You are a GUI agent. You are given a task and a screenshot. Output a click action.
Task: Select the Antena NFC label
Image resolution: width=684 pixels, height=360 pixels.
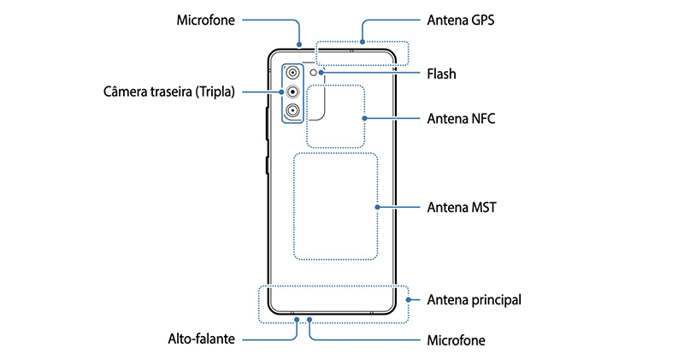[x=462, y=119]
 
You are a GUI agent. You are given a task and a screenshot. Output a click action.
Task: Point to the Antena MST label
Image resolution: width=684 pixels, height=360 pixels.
[x=462, y=207]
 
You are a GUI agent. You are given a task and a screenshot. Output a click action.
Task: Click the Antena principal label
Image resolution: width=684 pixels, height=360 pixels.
[x=474, y=300]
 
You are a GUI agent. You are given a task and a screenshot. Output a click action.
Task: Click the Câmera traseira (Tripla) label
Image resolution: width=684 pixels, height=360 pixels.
[x=173, y=91]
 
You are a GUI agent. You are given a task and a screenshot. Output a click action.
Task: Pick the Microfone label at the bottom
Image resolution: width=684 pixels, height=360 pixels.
[x=456, y=339]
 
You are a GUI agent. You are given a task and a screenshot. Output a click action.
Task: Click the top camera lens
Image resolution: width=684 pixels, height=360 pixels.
[x=292, y=72]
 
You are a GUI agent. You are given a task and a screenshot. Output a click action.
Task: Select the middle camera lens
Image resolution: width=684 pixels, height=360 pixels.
[x=292, y=91]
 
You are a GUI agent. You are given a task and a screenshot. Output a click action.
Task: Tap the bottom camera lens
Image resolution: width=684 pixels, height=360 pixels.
[x=292, y=111]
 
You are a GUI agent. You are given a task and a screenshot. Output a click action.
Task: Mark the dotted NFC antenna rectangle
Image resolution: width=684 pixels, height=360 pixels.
[x=335, y=115]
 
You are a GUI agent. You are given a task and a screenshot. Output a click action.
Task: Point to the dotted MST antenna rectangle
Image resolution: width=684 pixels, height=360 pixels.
[x=335, y=206]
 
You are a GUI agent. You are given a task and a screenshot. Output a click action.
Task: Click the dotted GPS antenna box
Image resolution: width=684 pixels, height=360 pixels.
[x=361, y=53]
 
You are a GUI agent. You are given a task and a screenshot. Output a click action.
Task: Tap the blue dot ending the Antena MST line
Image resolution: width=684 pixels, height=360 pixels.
[x=377, y=207]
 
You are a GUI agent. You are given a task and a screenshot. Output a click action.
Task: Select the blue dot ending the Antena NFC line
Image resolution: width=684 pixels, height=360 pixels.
[x=365, y=119]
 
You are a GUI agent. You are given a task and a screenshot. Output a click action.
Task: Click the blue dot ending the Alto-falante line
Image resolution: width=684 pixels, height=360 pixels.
[x=296, y=320]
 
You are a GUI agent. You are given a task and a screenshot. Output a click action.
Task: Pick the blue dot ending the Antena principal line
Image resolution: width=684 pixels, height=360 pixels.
[x=408, y=300]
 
